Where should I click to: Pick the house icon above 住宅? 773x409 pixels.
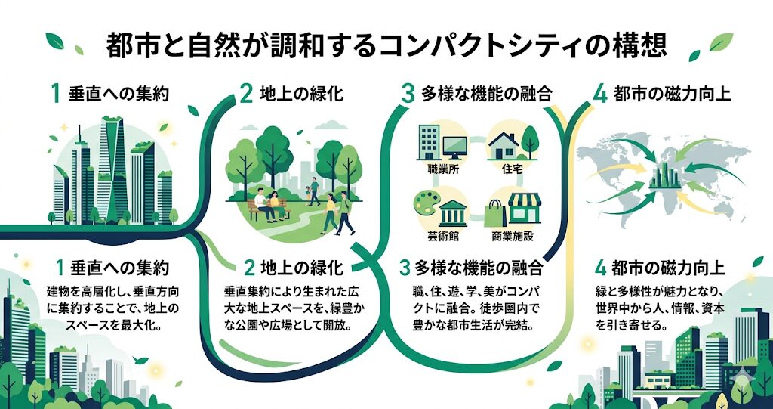(504, 143)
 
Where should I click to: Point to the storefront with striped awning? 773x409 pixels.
(525, 209)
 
